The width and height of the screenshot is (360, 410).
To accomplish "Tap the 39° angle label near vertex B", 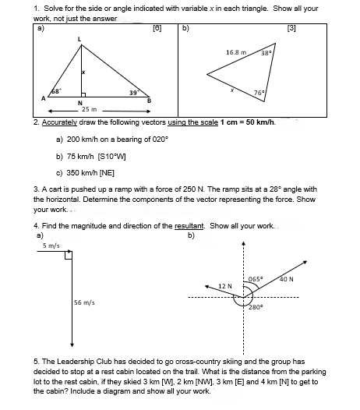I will click(134, 93).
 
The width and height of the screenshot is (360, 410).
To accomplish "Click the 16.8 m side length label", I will click(237, 52).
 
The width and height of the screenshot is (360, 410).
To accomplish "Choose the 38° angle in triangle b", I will click(266, 53).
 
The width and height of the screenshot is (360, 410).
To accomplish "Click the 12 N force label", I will click(226, 285).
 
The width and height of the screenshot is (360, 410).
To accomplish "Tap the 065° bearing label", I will click(256, 278).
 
